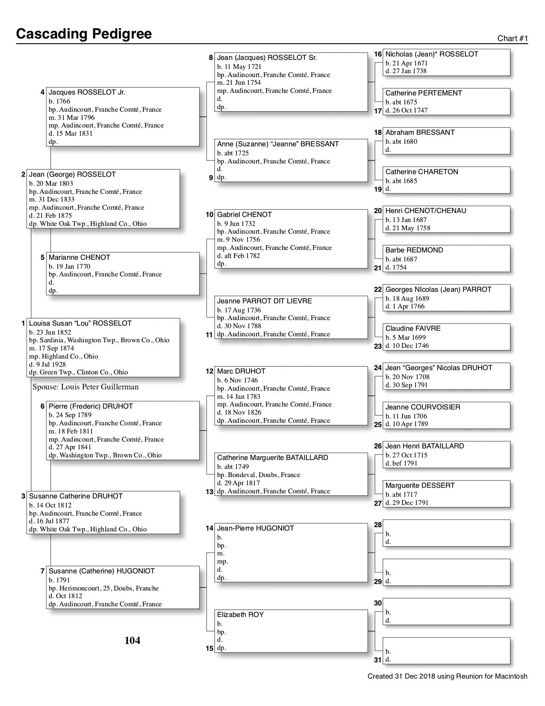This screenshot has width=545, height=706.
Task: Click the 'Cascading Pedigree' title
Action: [x=84, y=34]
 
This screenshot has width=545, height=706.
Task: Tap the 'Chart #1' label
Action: [x=513, y=39]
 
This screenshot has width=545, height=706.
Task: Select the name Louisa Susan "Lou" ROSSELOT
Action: [x=80, y=323]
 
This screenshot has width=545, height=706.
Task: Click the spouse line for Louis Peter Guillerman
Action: [x=85, y=387]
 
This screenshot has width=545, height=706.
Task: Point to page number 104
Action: [x=132, y=641]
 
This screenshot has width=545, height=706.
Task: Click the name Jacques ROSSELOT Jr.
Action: [x=87, y=92]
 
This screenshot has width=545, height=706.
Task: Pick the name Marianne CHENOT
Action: [x=80, y=258]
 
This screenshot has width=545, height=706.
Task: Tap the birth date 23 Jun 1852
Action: [x=50, y=332]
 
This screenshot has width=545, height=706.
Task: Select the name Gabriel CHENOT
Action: [x=245, y=215]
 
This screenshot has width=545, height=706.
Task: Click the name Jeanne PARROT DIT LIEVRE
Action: [x=265, y=301]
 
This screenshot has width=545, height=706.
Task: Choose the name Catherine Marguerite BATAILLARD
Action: [x=273, y=458]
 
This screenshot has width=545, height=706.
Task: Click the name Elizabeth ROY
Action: [x=240, y=615]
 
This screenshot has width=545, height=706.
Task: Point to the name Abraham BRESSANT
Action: [x=420, y=133]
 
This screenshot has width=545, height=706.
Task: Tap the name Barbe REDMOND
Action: [x=414, y=250]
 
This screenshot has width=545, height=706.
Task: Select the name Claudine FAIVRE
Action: [x=413, y=329]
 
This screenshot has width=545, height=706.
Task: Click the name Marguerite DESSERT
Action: [x=420, y=486]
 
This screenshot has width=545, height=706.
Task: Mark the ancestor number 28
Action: [x=378, y=525]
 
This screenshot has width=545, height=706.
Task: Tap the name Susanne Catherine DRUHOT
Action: [x=76, y=496]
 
